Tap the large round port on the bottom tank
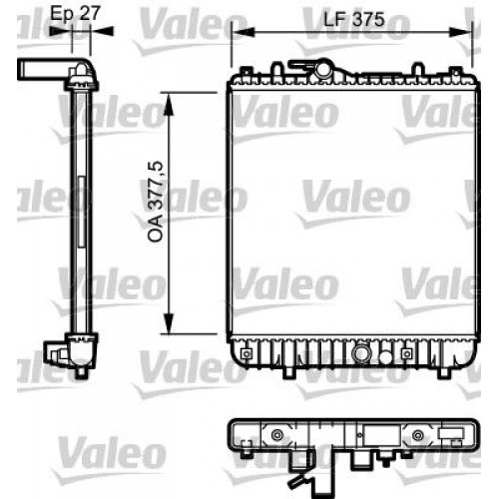coord(357,351)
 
